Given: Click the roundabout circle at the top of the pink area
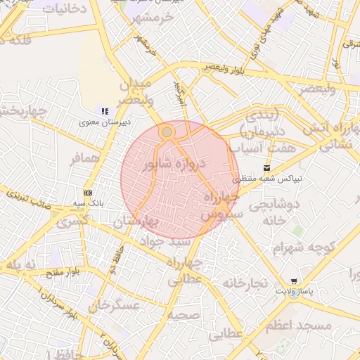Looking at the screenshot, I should tap(167, 131).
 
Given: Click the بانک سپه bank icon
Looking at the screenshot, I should tap(88, 192).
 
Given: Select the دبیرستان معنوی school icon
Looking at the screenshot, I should tap(105, 111).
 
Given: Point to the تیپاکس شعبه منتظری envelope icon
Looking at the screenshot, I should tap(266, 168).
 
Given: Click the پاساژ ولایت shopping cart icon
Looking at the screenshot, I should tap(293, 279).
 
